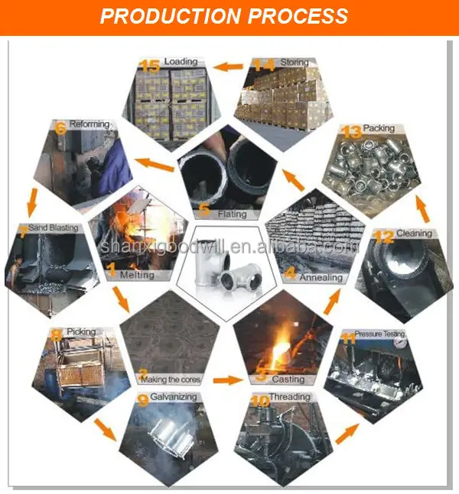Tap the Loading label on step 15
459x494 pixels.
[181, 62]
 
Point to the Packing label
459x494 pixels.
[379, 128]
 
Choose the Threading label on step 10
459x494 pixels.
[289, 397]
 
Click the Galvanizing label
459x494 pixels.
[173, 397]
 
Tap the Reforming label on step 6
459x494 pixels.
[90, 124]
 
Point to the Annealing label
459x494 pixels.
[321, 277]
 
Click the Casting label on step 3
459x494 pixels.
[288, 379]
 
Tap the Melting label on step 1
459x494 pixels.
[137, 275]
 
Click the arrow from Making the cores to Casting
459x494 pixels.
[226, 379]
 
